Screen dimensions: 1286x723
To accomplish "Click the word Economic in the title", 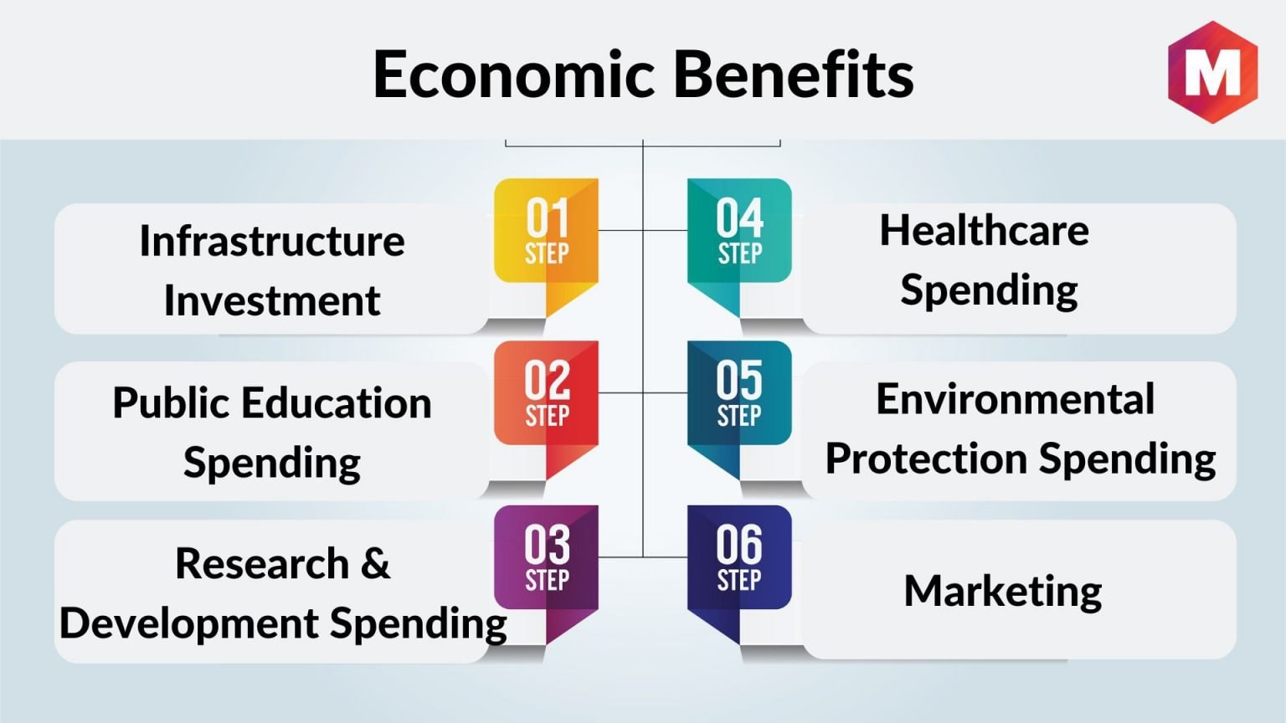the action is click(514, 75).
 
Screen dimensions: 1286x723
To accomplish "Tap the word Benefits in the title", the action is click(794, 75).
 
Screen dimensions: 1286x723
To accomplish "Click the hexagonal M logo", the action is click(1212, 72).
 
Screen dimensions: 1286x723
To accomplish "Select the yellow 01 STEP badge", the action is click(546, 247).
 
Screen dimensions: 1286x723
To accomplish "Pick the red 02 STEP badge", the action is click(546, 409).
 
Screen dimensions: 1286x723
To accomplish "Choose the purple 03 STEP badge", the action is click(546, 574).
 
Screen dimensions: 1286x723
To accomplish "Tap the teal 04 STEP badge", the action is click(739, 247).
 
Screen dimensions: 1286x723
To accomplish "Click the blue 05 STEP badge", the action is click(739, 409).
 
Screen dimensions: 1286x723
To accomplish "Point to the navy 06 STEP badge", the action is click(739, 574).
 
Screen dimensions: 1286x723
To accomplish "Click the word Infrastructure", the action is click(272, 240).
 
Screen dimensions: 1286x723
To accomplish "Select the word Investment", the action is click(272, 300).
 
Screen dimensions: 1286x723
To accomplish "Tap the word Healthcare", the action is click(984, 230).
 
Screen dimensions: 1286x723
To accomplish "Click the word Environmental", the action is click(1015, 399).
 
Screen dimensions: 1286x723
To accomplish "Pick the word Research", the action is click(262, 563).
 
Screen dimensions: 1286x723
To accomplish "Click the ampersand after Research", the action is click(376, 563).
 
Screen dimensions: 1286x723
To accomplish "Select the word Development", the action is click(189, 624).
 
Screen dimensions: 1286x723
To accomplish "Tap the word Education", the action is click(337, 403).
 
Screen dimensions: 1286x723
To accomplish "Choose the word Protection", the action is click(926, 459).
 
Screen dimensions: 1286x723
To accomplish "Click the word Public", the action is click(170, 403).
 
